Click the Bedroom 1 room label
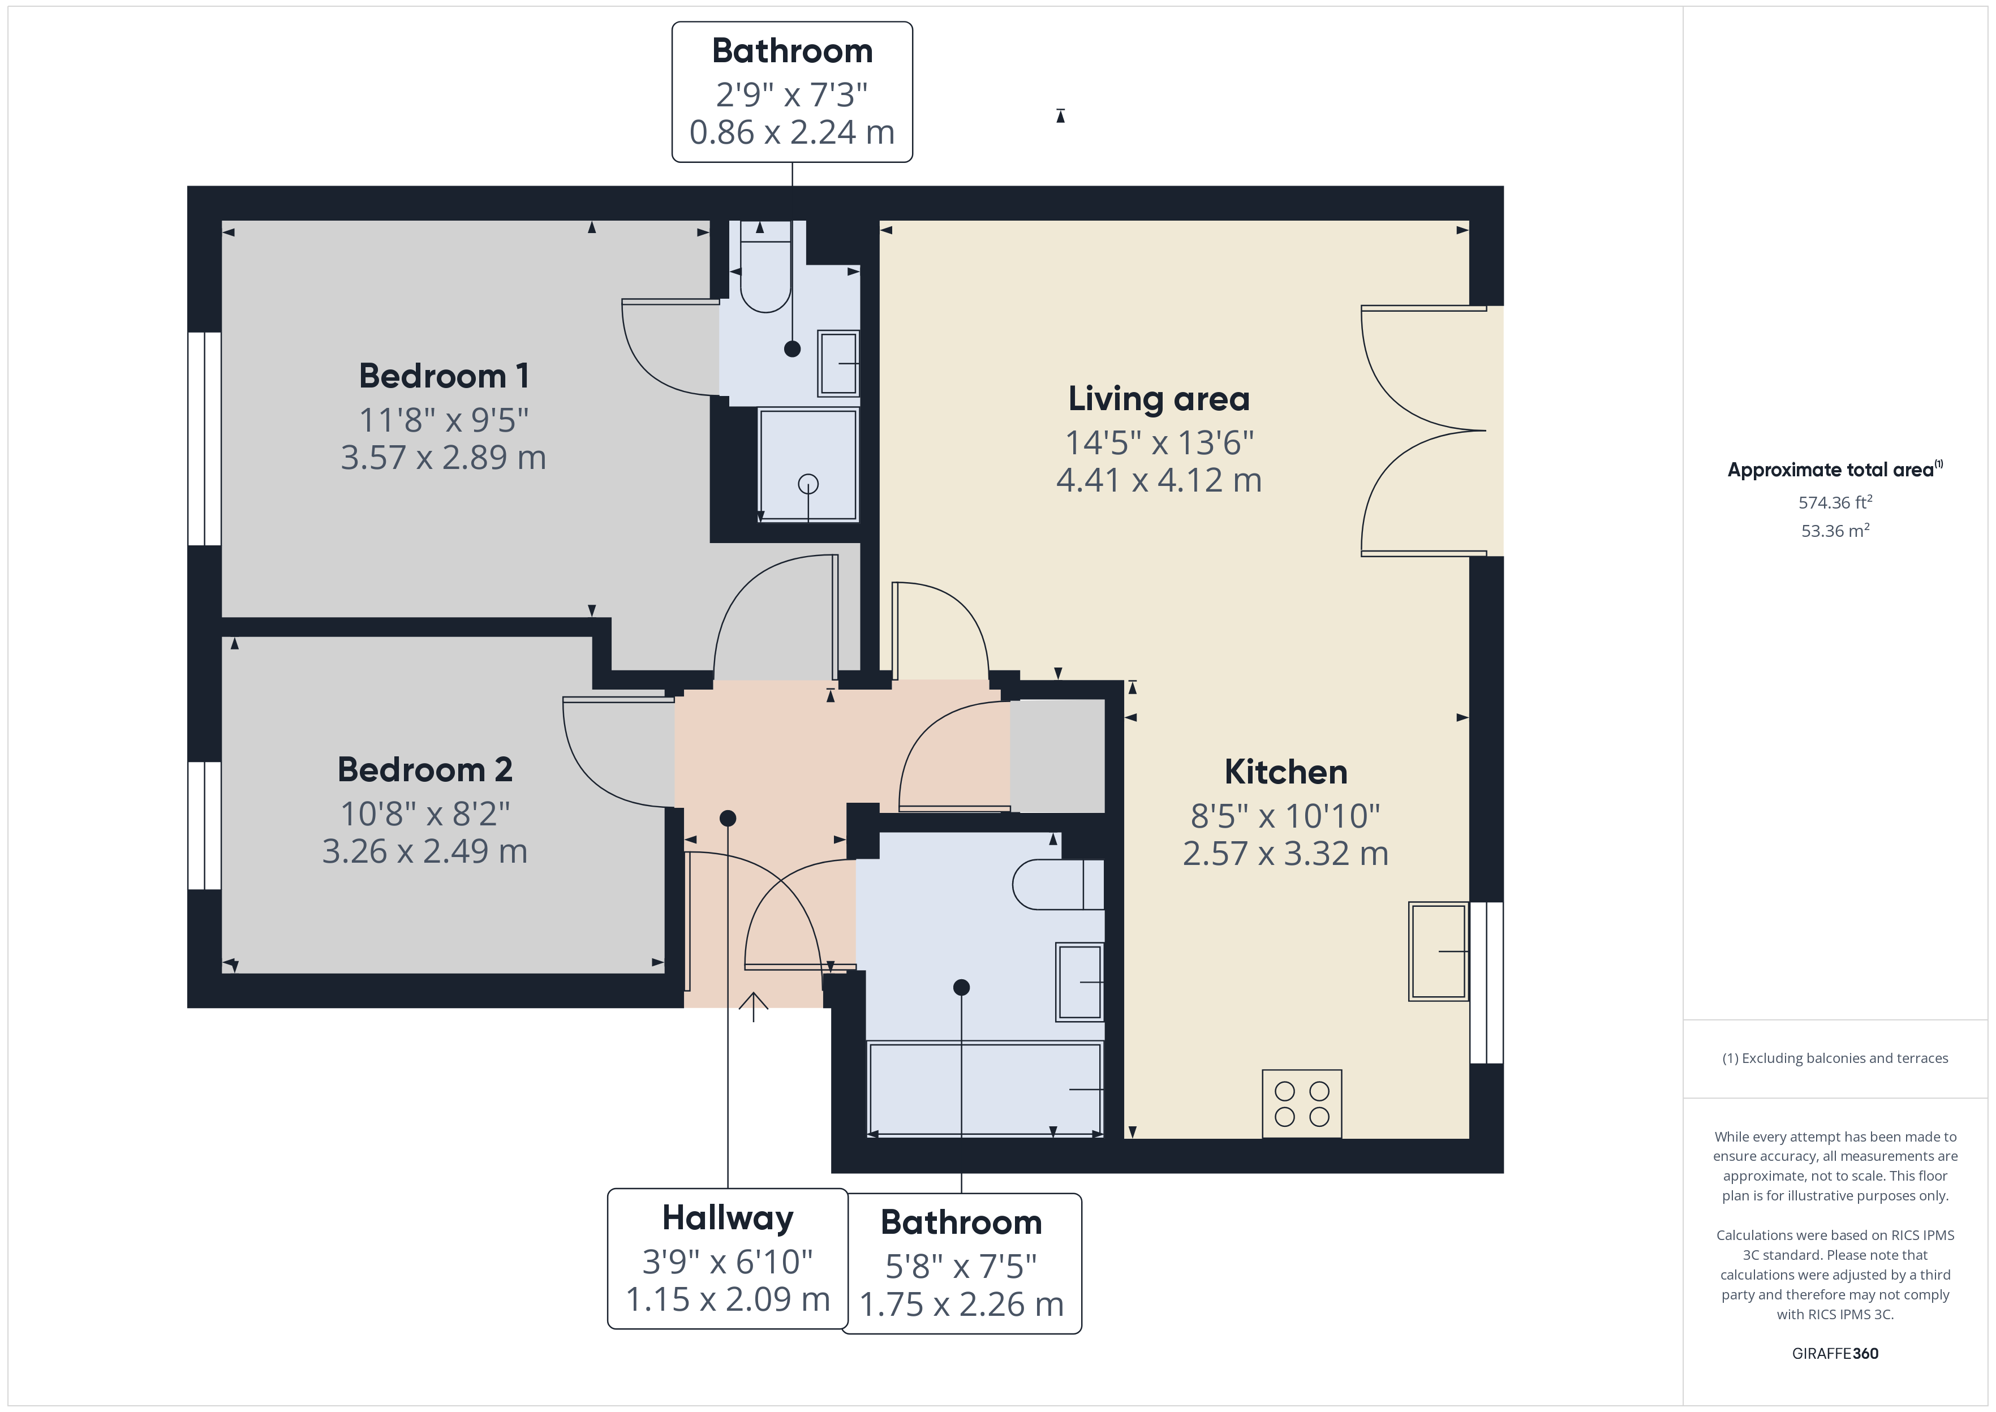(x=444, y=376)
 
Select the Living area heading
(x=1159, y=399)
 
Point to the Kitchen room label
(x=1286, y=772)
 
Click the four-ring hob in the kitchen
(x=1301, y=1103)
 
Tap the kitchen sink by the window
(x=1439, y=951)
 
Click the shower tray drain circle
(x=808, y=484)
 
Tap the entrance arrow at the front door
(x=754, y=1007)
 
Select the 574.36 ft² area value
(x=1835, y=502)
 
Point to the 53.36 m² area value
(x=1835, y=531)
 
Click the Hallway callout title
(x=728, y=1218)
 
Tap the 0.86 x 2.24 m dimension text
(x=792, y=132)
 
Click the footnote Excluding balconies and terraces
(x=1835, y=1058)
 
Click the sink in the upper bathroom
(x=838, y=363)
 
